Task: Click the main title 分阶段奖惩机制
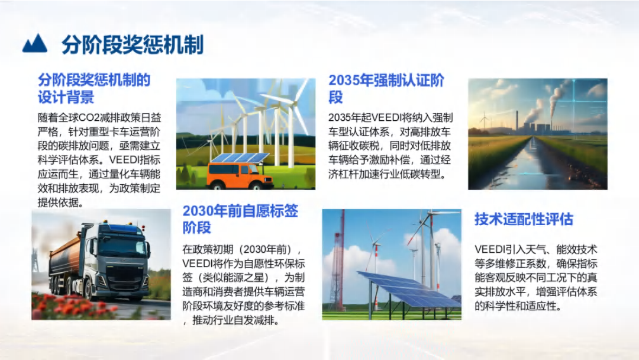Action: [x=133, y=44]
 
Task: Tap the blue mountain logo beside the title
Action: [x=35, y=43]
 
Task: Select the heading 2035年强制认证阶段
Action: [x=386, y=88]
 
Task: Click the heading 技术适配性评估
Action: [x=524, y=219]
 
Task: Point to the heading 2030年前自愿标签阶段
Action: [x=240, y=219]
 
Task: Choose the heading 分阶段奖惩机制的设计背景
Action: [x=94, y=88]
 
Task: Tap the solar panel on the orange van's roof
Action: [x=240, y=157]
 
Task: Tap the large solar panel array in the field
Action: [x=408, y=289]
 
